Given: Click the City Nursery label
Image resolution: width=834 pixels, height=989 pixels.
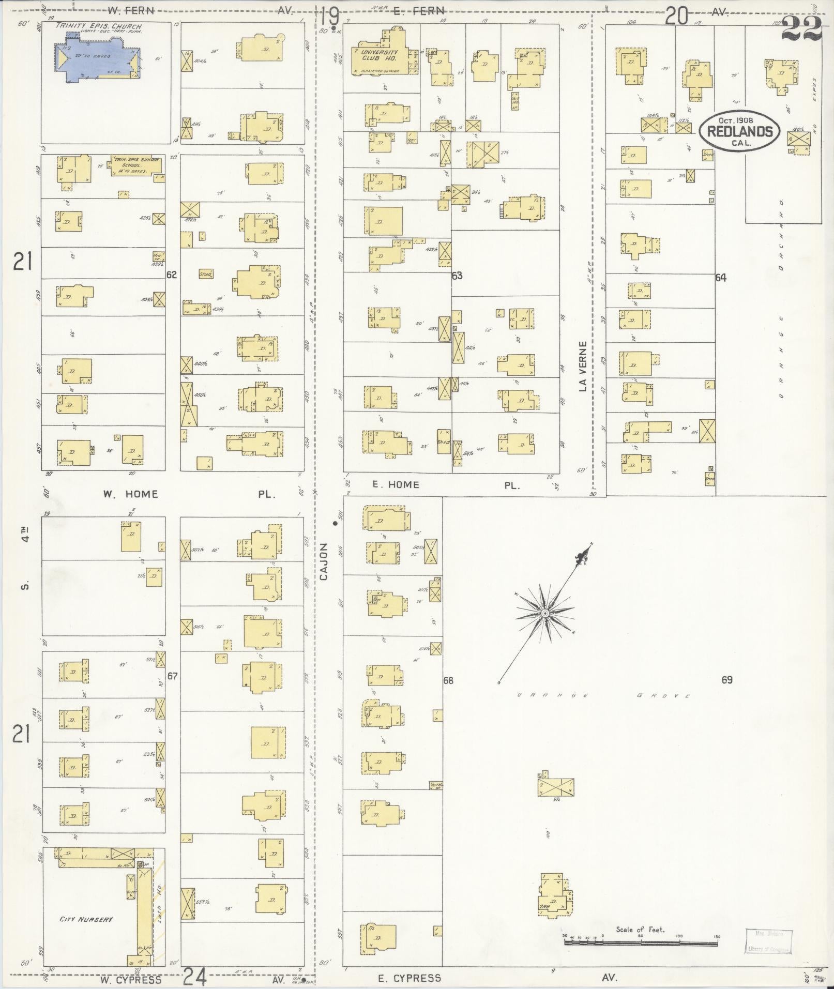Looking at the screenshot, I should click(x=85, y=919).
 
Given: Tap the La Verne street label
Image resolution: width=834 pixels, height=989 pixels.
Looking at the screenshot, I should click(x=583, y=366).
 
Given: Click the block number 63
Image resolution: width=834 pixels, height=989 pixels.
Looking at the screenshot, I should click(x=457, y=276).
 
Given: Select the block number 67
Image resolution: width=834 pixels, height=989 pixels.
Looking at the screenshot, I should click(x=172, y=675).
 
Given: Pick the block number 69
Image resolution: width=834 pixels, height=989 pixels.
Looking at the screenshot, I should click(x=727, y=680).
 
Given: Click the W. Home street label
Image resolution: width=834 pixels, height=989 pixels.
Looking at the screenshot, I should click(x=130, y=494).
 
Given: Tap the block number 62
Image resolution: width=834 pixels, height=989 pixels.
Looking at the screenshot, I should click(x=172, y=275).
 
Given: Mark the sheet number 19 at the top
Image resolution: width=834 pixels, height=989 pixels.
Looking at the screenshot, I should click(x=329, y=15).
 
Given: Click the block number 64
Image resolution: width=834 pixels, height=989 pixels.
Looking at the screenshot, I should click(x=721, y=278).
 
